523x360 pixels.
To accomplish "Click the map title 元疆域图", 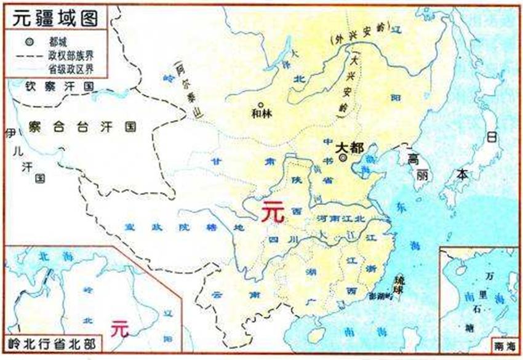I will pyautogui.click(x=53, y=18).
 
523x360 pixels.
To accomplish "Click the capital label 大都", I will pyautogui.click(x=349, y=148).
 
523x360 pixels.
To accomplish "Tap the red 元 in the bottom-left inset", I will pyautogui.click(x=120, y=328).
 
